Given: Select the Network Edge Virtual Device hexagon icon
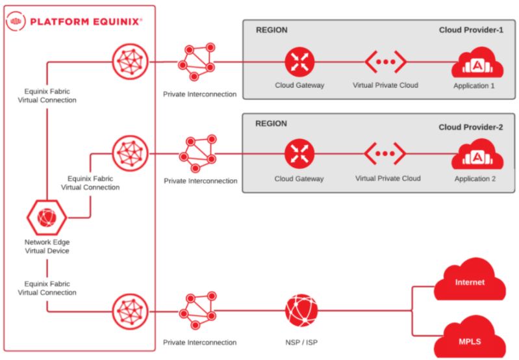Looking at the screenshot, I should click(x=46, y=218).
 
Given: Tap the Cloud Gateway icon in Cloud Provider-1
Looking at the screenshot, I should click(x=299, y=62).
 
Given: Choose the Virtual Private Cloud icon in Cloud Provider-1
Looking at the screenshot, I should click(x=386, y=62).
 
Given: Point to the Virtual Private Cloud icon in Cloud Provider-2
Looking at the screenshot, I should click(x=386, y=154).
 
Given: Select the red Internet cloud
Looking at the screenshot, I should click(x=470, y=283).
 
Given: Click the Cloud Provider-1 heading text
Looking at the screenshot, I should click(x=471, y=30).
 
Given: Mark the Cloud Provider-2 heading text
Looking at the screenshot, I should click(x=471, y=127).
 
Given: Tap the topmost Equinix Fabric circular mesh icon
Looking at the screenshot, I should click(x=130, y=62).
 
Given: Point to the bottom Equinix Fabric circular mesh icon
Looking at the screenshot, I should click(x=130, y=311).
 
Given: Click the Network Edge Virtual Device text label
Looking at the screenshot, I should click(x=47, y=246).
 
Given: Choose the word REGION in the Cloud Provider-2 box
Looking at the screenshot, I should click(x=271, y=123).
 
